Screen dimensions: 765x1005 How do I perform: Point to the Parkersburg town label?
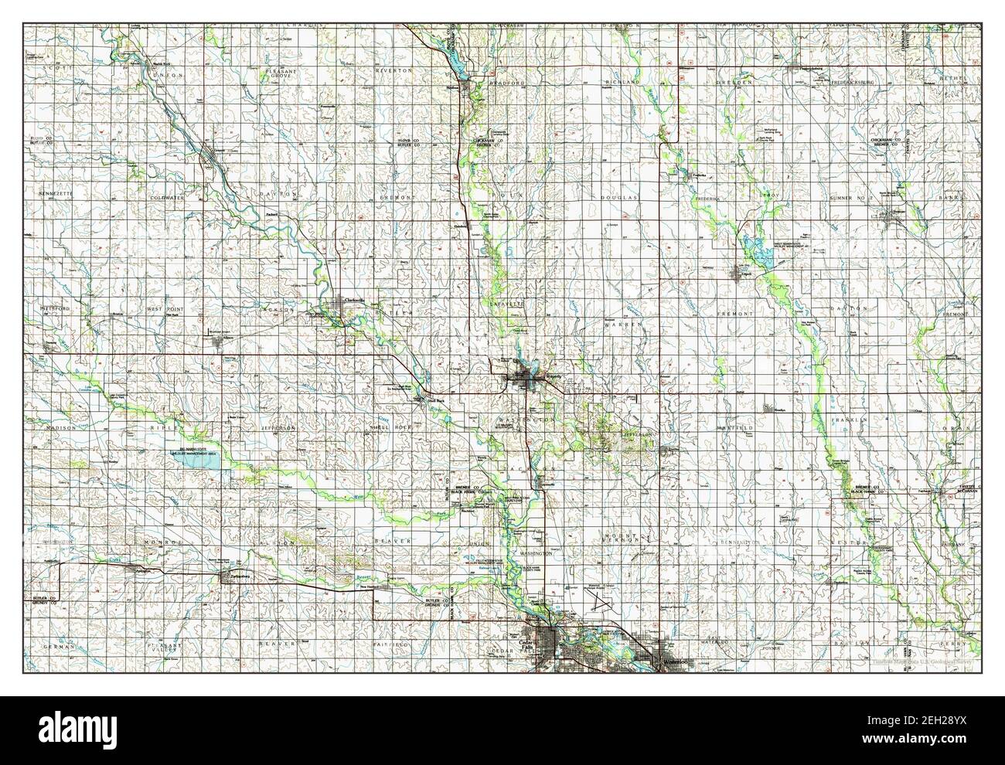[x=234, y=576]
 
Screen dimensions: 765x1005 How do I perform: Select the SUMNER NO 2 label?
[x=850, y=199]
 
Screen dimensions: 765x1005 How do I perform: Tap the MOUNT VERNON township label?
[x=623, y=538]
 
